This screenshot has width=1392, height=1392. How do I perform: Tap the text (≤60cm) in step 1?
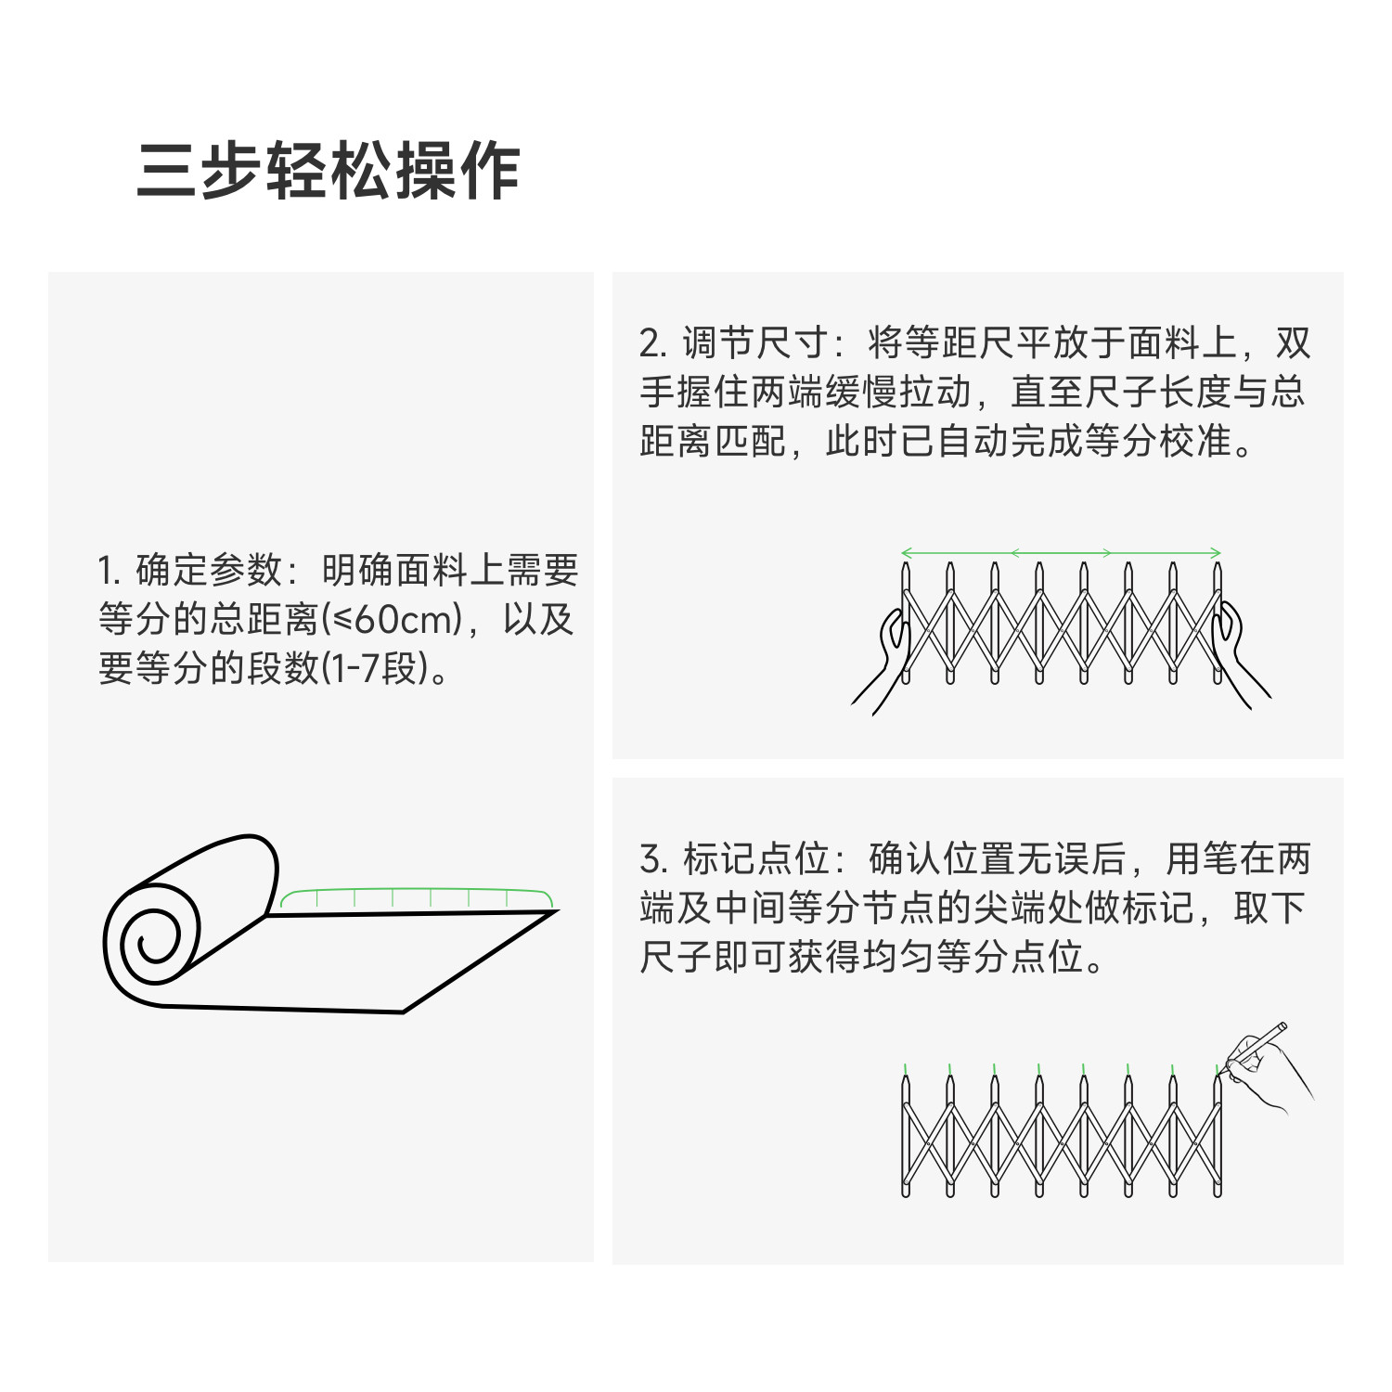(x=392, y=619)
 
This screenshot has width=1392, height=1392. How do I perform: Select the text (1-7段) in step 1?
(x=375, y=668)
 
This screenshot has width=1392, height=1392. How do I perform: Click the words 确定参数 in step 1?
(x=209, y=570)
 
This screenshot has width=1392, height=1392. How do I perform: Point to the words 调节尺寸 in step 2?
(x=755, y=343)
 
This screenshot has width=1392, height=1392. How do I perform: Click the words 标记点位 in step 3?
(x=755, y=859)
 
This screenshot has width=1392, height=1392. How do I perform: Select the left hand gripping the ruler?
(x=886, y=654)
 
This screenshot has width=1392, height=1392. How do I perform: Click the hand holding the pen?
(x=1271, y=1072)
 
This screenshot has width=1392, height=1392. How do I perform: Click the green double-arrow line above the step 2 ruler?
(x=1061, y=553)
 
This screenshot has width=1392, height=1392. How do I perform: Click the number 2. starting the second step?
(x=653, y=343)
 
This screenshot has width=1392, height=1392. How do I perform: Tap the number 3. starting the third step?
(x=653, y=859)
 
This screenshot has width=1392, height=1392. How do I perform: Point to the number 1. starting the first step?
(x=110, y=570)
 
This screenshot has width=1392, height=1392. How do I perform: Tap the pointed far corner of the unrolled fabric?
(x=555, y=911)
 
